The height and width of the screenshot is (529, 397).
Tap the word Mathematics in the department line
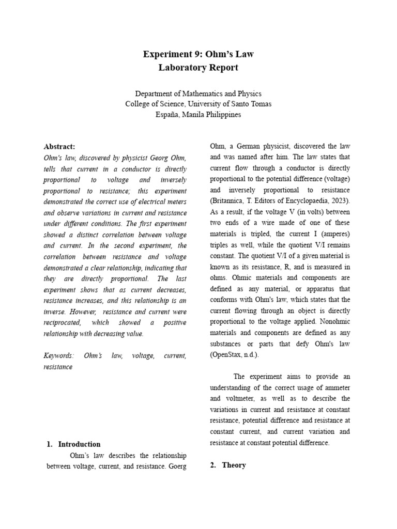tap(207, 94)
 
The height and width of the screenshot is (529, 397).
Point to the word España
tap(168, 114)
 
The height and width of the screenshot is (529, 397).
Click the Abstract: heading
tap(60, 147)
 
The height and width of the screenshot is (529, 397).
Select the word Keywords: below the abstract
tap(59, 356)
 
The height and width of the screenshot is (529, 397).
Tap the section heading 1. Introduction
tap(73, 444)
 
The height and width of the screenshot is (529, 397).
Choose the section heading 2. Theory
tap(228, 465)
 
